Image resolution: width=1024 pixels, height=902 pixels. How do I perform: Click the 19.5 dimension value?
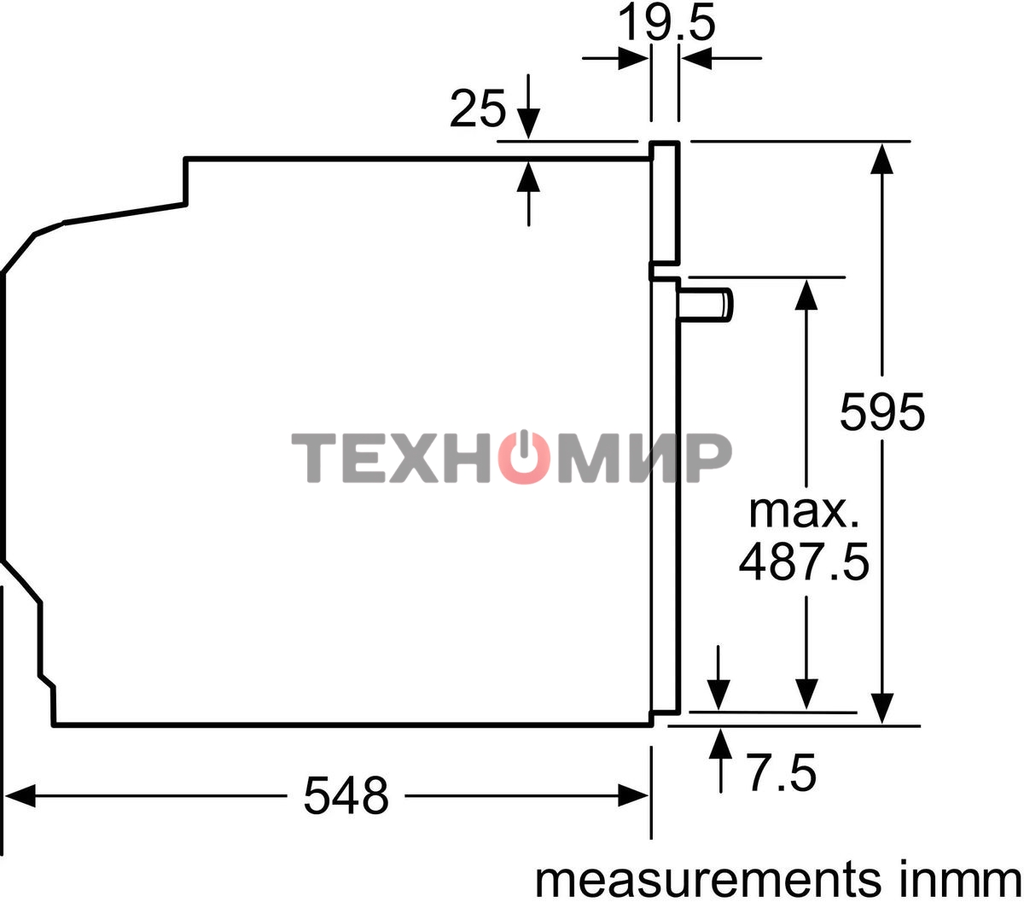point(666,23)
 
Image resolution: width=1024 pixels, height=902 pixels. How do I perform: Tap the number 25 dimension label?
point(477,108)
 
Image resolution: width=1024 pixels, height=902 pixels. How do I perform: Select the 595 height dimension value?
point(882,412)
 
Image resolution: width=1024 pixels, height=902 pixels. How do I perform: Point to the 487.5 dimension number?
point(804,562)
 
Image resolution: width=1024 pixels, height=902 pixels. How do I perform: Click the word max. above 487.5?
point(804,513)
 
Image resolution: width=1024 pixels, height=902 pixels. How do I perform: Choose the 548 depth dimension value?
point(346,796)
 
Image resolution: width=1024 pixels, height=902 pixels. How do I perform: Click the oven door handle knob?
point(706,305)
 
